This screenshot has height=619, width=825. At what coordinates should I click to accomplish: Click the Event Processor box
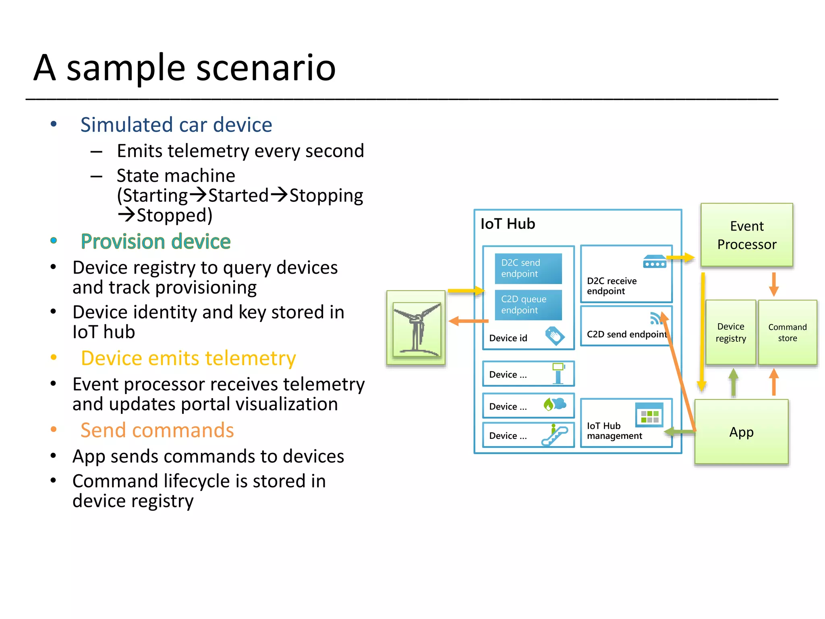click(x=746, y=235)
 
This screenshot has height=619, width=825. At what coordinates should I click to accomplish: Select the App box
click(x=741, y=432)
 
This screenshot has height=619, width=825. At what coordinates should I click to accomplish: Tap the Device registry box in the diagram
click(x=730, y=332)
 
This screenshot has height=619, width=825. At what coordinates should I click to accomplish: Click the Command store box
click(x=787, y=332)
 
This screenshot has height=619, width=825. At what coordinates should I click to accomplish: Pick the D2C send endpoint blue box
click(x=528, y=268)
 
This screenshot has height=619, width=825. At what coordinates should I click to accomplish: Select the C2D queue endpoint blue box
click(x=528, y=305)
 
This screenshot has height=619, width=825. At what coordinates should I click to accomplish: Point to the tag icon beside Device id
click(x=555, y=336)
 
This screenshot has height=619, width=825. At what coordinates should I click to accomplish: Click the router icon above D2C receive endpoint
click(x=655, y=262)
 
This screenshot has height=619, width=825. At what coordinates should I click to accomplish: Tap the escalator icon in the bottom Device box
click(x=555, y=435)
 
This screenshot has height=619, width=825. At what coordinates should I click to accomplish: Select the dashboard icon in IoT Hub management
click(x=649, y=415)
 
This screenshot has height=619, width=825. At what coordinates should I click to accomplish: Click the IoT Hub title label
click(x=508, y=224)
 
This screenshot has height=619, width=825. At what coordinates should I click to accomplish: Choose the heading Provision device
click(x=155, y=241)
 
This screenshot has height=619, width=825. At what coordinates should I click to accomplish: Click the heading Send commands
click(x=157, y=430)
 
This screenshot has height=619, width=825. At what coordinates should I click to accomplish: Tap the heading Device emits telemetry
click(x=188, y=358)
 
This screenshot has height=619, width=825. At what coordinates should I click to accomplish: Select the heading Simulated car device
click(x=176, y=125)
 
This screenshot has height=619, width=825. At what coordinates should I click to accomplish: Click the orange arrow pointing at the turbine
click(x=468, y=321)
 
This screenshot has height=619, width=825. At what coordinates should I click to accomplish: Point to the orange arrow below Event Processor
click(x=773, y=284)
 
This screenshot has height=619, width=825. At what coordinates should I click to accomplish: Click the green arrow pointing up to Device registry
click(x=733, y=382)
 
